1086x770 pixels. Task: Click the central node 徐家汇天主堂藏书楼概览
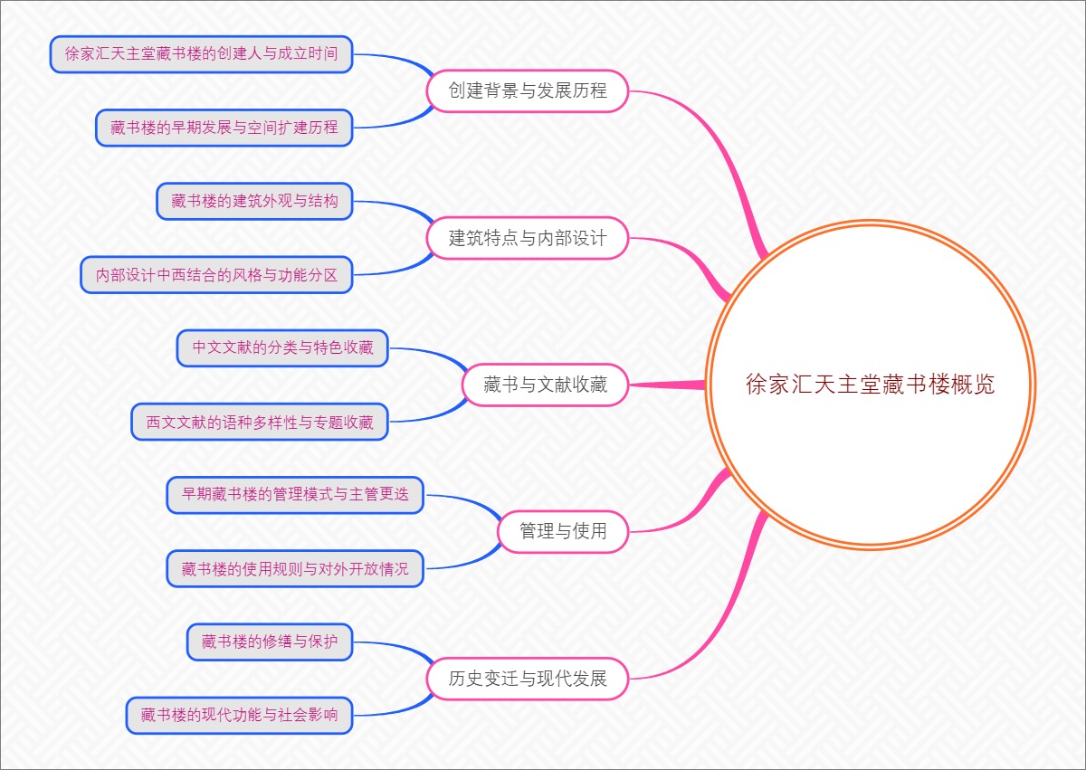[x=870, y=385]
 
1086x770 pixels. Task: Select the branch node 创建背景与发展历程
[x=528, y=90]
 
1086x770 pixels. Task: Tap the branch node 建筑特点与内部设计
[x=528, y=238]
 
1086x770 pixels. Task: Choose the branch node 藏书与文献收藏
[x=545, y=385]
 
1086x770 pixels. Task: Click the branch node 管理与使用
[x=562, y=531]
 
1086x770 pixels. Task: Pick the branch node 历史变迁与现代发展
[x=528, y=678]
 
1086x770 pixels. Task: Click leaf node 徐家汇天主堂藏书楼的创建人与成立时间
[x=201, y=54]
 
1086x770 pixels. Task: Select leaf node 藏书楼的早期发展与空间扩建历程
[x=224, y=128]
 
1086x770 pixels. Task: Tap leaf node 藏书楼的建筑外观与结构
[x=254, y=201]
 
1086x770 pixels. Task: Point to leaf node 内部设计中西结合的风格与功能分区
[x=216, y=275]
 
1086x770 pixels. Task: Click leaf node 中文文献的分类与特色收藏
[x=282, y=348]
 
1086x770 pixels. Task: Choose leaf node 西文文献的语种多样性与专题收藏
[x=260, y=422]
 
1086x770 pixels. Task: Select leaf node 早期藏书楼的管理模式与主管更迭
[x=295, y=495]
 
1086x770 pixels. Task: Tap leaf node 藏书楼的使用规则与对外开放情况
[x=295, y=568]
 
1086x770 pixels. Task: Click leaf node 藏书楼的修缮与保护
[x=270, y=642]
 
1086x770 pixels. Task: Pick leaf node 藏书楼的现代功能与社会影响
[x=239, y=715]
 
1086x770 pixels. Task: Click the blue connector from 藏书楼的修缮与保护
[x=398, y=648]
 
